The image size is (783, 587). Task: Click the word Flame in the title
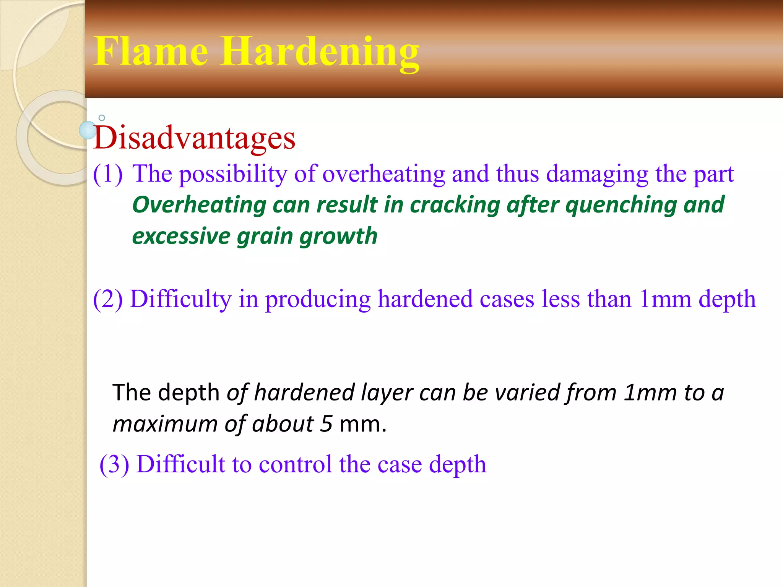151,52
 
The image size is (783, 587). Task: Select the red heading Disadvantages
194,138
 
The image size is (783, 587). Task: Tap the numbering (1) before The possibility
108,174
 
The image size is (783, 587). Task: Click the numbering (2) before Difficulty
108,299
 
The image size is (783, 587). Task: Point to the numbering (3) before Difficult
114,464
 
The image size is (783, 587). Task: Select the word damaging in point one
597,174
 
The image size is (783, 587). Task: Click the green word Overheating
199,205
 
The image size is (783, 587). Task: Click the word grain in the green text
265,236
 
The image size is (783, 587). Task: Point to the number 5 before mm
326,424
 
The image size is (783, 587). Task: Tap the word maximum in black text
165,424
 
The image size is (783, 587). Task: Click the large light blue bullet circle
88,130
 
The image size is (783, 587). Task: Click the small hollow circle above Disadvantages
102,118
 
